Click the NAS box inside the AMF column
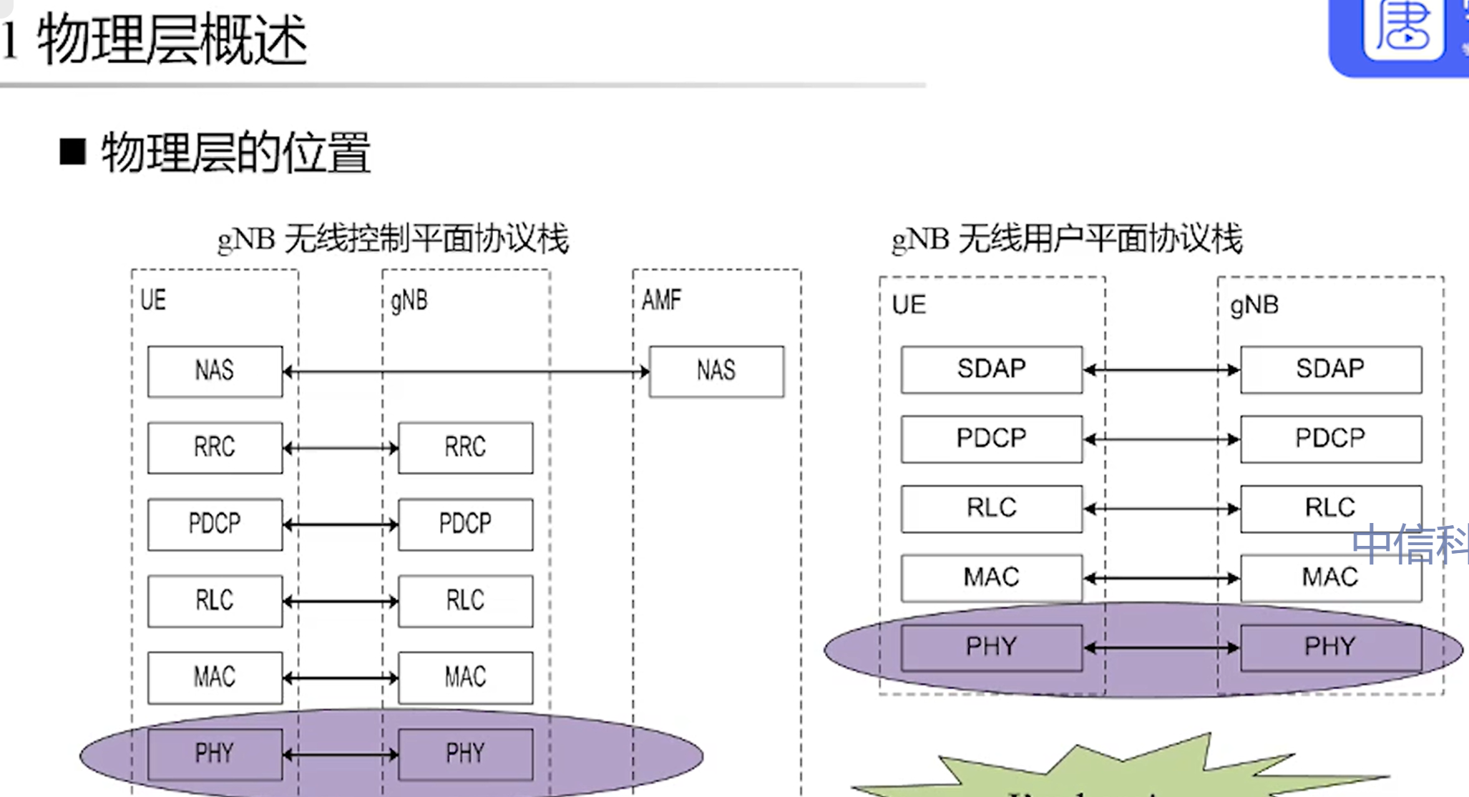point(716,371)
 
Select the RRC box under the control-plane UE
point(215,448)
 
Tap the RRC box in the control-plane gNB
point(465,448)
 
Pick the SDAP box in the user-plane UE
point(991,369)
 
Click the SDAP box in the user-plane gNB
point(1330,369)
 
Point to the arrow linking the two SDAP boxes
point(1161,370)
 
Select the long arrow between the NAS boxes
point(466,372)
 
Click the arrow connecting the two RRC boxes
point(341,449)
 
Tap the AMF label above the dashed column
point(661,300)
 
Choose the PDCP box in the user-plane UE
point(991,439)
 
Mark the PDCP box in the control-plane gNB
point(465,524)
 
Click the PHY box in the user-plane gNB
point(1330,647)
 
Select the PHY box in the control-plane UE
point(215,753)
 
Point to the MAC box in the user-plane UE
point(991,577)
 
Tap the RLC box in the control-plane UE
point(215,601)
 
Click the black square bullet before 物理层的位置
point(72,152)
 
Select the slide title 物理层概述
point(172,41)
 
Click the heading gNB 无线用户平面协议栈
point(1066,239)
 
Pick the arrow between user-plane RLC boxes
point(1161,509)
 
